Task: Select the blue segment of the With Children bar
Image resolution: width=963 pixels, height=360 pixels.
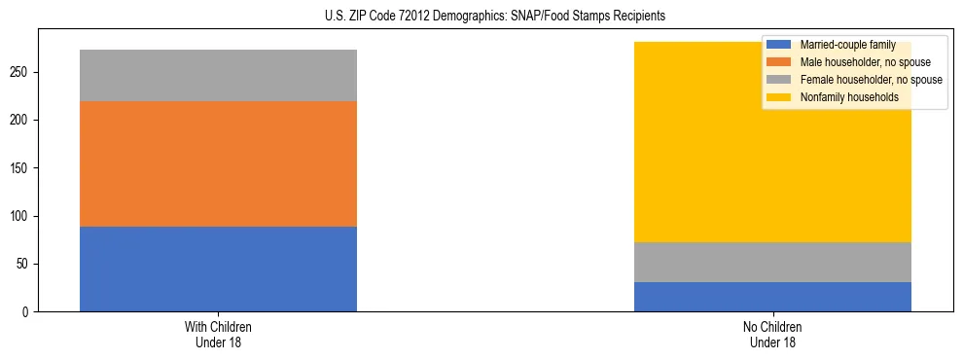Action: pos(218,269)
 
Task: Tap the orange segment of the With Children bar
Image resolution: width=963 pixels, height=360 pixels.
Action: pos(218,163)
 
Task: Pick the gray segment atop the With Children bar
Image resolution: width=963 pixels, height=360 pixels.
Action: pos(218,75)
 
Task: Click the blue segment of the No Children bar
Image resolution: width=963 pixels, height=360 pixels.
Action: pos(772,297)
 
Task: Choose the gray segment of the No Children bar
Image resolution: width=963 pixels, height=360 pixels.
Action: pos(772,262)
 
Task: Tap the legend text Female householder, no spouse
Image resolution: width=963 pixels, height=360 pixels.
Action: pos(871,80)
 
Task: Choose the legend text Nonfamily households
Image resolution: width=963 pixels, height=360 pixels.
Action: pos(848,97)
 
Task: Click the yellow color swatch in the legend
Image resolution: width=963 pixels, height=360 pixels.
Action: pos(779,97)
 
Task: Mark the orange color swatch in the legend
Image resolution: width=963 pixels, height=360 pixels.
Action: pos(779,62)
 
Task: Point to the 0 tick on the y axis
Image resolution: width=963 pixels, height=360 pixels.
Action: pos(28,312)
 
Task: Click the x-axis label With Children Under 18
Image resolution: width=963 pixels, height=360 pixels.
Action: pos(218,335)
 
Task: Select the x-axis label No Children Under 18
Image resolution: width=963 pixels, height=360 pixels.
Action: pos(772,335)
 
